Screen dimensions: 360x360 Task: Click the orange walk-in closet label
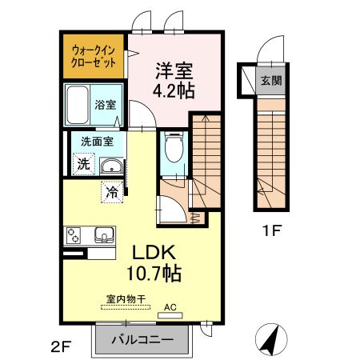[94, 55]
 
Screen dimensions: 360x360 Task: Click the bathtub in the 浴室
[80, 104]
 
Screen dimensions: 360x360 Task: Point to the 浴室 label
[106, 104]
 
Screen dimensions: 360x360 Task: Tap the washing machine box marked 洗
[83, 164]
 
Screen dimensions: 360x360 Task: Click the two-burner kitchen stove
[74, 237]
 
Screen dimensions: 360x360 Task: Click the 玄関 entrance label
[269, 81]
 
